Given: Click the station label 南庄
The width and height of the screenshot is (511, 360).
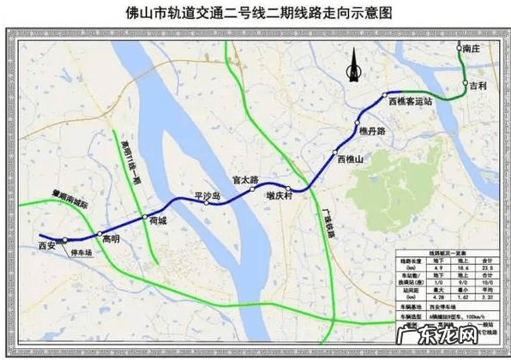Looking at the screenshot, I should tap(472, 51).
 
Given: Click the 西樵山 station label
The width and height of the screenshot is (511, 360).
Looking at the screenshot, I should tap(351, 159).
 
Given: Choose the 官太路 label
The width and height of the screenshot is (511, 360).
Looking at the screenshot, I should tap(246, 181).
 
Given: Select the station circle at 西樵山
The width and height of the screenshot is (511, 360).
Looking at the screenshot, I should tap(334, 153).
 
